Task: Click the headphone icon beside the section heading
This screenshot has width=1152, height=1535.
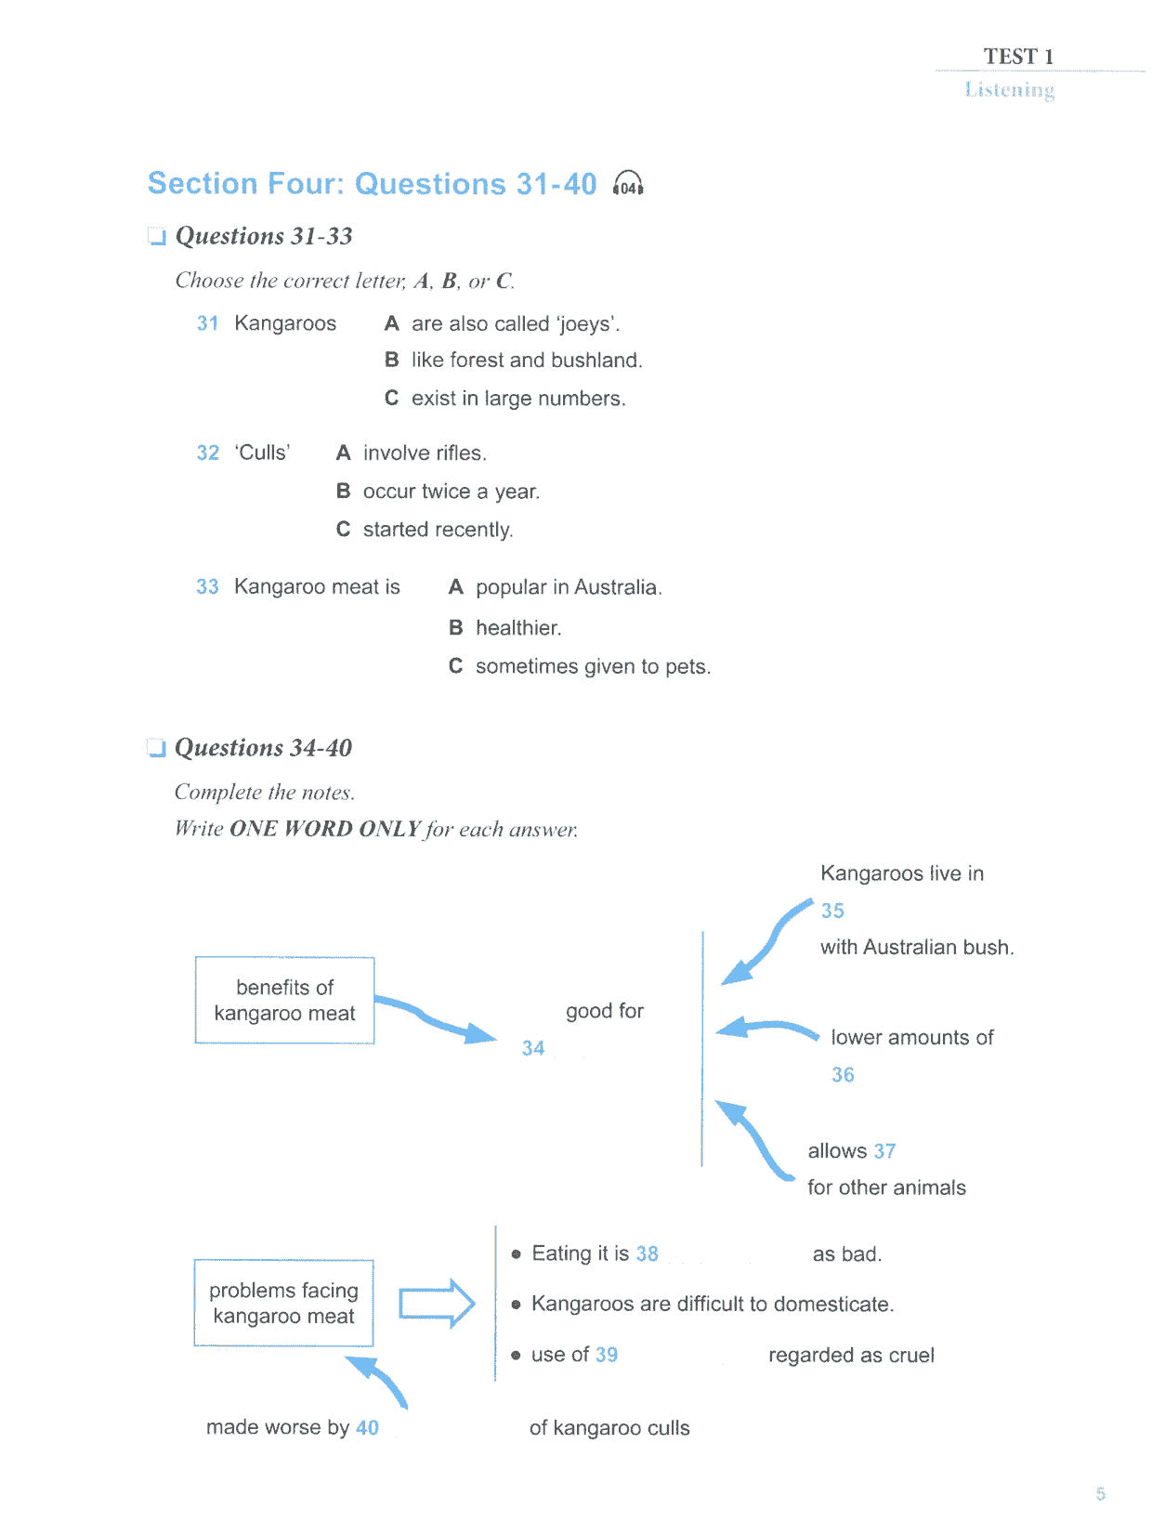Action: tap(627, 184)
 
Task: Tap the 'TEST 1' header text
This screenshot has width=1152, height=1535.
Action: tap(1018, 56)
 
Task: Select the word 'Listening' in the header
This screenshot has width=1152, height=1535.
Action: tap(1010, 89)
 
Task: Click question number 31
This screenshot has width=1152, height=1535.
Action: tap(207, 323)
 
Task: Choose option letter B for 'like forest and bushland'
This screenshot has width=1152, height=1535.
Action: tap(391, 360)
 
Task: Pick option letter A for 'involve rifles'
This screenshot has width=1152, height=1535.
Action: tap(343, 453)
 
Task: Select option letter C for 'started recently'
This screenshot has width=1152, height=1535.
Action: tap(343, 529)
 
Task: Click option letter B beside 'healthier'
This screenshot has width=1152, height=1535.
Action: tap(456, 627)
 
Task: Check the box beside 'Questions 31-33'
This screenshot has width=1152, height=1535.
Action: tap(157, 236)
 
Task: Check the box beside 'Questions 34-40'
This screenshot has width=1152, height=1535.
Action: tap(156, 747)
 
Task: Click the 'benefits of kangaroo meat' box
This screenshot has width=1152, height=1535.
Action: tap(284, 999)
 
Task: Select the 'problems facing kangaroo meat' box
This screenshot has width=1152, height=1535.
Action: tap(283, 1302)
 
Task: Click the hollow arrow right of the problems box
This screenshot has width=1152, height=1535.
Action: tap(437, 1304)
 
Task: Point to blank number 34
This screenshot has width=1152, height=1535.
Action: tap(532, 1047)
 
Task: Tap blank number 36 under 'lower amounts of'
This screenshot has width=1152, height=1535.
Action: tap(843, 1074)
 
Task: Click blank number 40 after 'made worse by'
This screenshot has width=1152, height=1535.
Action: tap(367, 1427)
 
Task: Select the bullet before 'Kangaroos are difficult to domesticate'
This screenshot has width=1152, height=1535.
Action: tap(516, 1305)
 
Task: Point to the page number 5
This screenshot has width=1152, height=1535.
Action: tap(1100, 1494)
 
